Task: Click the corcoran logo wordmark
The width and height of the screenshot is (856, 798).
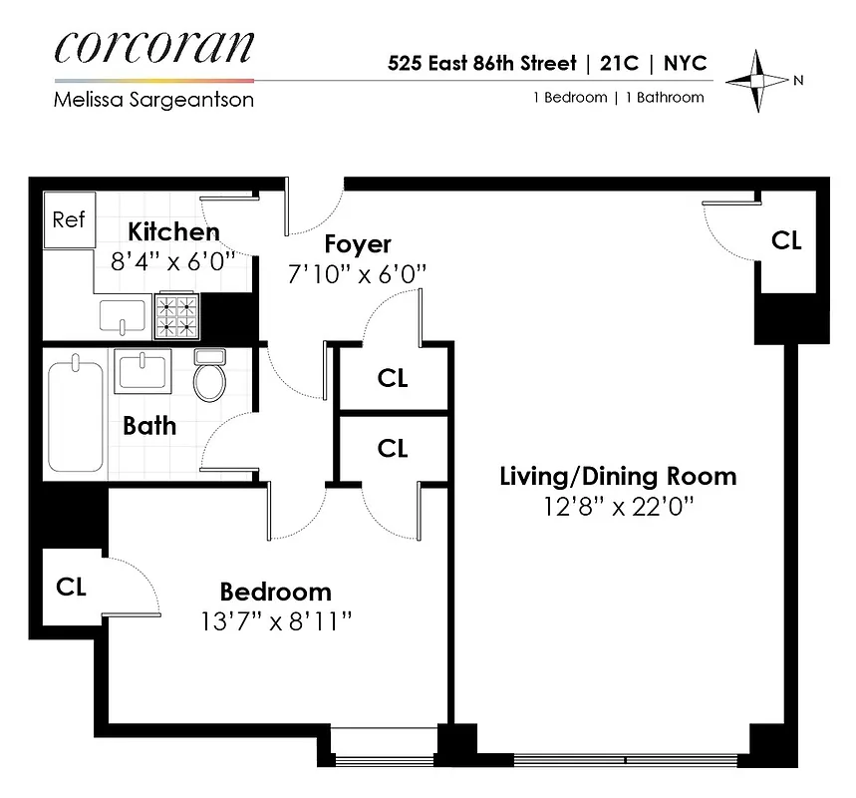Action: click(x=154, y=47)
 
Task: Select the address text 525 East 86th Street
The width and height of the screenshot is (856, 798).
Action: click(x=482, y=64)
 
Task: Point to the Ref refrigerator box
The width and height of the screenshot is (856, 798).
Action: click(x=69, y=220)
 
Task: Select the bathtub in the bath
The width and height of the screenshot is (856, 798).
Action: click(x=76, y=415)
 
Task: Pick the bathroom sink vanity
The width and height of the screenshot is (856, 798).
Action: click(x=143, y=371)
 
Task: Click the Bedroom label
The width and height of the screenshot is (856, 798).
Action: click(x=276, y=591)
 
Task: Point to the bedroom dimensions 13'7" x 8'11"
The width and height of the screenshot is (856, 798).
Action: click(x=276, y=621)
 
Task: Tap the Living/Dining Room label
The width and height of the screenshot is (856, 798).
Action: click(x=618, y=476)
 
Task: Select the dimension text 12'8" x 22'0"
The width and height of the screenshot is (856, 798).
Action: click(x=618, y=507)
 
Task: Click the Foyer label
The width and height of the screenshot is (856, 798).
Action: click(x=358, y=244)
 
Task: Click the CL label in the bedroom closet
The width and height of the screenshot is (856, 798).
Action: click(x=71, y=587)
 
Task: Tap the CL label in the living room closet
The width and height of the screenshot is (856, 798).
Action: click(x=787, y=240)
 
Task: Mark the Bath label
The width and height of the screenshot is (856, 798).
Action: click(x=149, y=426)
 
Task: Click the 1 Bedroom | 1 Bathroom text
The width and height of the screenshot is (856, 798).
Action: click(x=617, y=98)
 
